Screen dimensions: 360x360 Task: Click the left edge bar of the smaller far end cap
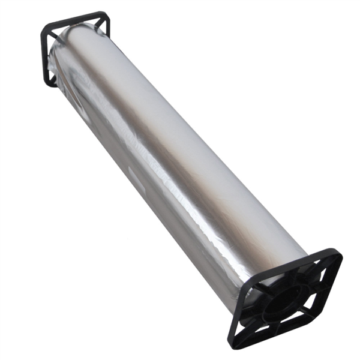44,54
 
